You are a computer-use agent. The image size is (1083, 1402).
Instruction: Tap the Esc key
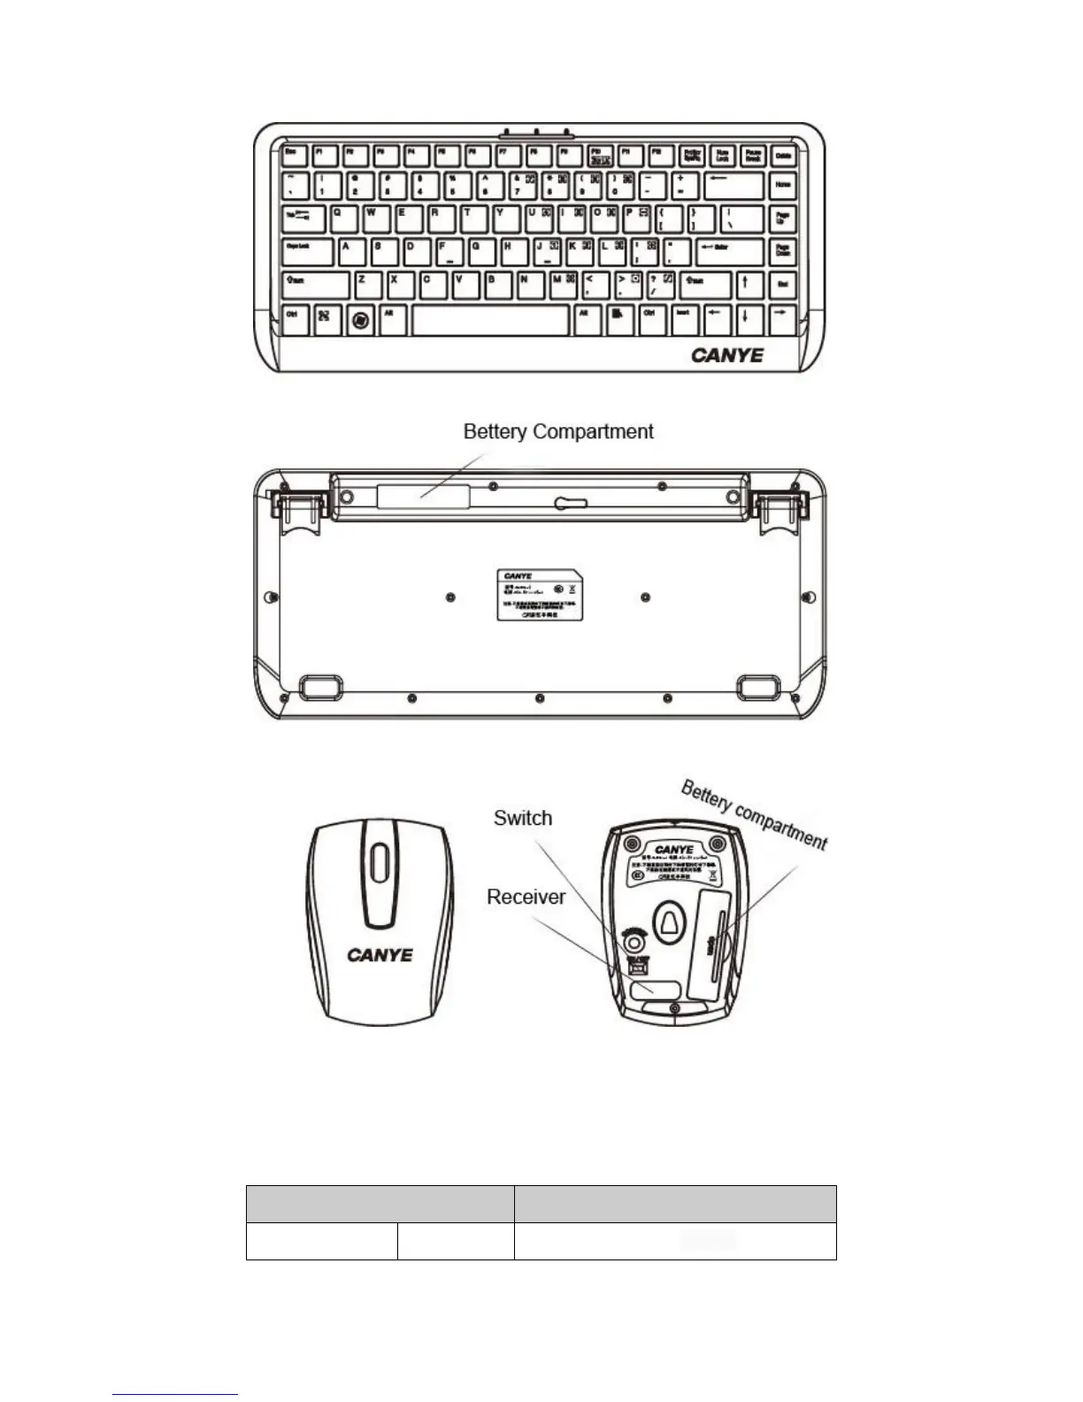pyautogui.click(x=293, y=156)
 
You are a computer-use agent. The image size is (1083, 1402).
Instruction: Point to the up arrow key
pyautogui.click(x=746, y=284)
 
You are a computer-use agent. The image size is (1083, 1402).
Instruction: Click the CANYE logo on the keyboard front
pyautogui.click(x=727, y=356)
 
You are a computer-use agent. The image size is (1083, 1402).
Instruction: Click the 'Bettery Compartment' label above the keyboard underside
pyautogui.click(x=558, y=432)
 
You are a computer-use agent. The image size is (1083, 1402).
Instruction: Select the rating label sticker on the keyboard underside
pyautogui.click(x=539, y=595)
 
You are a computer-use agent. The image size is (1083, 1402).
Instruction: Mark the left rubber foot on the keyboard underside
pyautogui.click(x=319, y=687)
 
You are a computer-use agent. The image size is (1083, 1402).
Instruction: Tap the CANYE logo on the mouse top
pyautogui.click(x=380, y=955)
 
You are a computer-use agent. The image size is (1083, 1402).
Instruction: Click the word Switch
pyautogui.click(x=523, y=818)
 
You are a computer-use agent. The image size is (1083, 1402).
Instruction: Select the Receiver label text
pyautogui.click(x=526, y=897)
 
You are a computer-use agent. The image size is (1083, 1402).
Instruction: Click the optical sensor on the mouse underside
pyautogui.click(x=670, y=922)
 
